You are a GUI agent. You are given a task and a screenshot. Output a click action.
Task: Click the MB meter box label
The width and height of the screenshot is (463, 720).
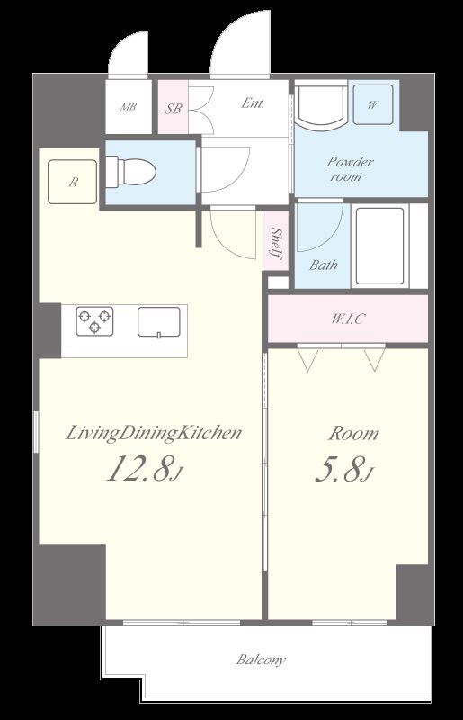129,107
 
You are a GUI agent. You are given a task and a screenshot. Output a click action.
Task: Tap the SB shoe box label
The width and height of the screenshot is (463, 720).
174,109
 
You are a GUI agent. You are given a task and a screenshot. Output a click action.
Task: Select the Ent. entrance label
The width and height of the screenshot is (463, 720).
253,103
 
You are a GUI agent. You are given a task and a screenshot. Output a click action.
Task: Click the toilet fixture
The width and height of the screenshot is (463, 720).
130,172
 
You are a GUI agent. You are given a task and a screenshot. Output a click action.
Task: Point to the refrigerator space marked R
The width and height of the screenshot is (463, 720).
73,182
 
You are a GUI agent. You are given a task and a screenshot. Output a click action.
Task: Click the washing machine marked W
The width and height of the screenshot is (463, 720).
373,104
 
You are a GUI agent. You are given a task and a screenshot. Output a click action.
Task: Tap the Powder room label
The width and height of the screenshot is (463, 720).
350,169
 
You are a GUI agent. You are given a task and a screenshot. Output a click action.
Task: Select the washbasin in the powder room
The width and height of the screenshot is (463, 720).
321,104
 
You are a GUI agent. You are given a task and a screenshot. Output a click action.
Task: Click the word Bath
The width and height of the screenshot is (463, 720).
323,265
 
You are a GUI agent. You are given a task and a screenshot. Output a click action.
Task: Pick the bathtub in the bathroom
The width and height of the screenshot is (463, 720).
380,246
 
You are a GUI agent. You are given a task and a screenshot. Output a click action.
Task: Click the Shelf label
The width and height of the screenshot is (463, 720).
276,243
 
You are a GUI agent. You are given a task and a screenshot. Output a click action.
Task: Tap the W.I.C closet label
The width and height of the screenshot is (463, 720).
348,319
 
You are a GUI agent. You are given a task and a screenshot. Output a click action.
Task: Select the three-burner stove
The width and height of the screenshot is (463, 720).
94,321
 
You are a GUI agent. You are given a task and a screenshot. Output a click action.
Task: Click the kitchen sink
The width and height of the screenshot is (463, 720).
159,322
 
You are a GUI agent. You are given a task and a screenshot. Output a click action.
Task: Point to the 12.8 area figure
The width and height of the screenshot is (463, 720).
145,468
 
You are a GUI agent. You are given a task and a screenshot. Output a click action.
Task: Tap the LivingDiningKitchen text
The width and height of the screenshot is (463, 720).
153,433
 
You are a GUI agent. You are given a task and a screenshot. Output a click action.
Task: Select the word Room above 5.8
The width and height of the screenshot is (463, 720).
353,434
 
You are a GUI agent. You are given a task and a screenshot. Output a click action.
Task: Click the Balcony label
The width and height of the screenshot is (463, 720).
261,660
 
